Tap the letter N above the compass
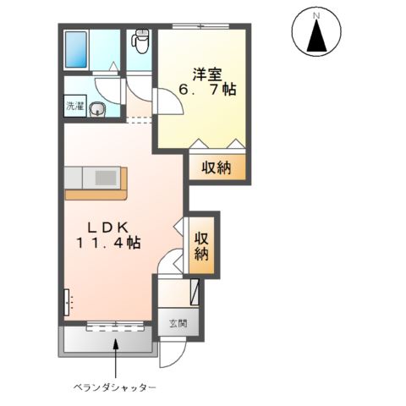coord(317,15)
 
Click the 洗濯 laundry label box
coord(74,107)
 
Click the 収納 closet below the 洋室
coord(216,167)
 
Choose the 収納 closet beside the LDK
coord(202,246)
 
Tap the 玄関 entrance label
coord(177,323)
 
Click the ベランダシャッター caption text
coord(113,387)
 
